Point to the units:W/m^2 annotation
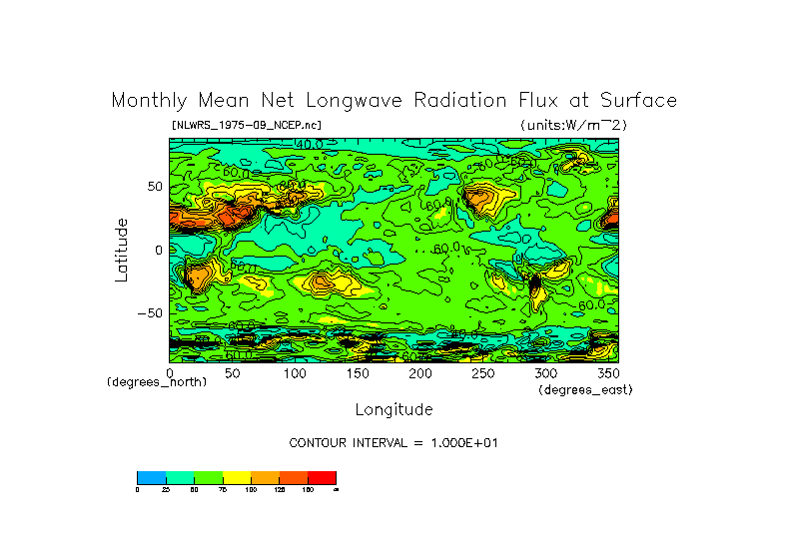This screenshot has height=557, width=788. click(x=573, y=125)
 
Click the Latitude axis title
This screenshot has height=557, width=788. click(x=121, y=250)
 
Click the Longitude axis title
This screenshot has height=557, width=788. click(x=394, y=409)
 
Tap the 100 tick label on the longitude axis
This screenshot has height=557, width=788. click(x=296, y=372)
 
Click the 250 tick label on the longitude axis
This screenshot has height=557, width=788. click(x=483, y=372)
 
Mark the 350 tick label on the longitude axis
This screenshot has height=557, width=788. click(x=608, y=372)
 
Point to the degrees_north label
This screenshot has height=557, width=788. click(x=157, y=382)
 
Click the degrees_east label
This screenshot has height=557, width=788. click(x=585, y=389)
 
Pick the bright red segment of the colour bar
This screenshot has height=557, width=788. click(x=322, y=477)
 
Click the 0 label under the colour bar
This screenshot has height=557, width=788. click(x=138, y=489)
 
